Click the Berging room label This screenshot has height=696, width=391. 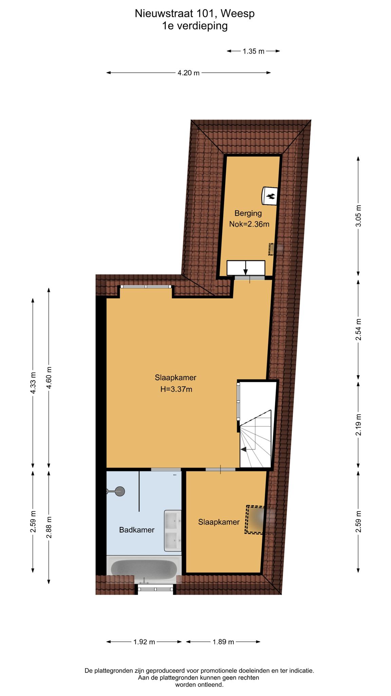(248, 213)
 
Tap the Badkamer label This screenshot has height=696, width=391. (137, 530)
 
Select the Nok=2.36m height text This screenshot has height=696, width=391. (249, 224)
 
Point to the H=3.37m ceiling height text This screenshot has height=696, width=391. (176, 389)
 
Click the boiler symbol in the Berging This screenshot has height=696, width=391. (270, 196)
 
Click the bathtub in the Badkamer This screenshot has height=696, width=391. (144, 570)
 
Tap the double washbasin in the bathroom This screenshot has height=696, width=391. (173, 530)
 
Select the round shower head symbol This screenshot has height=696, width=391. (119, 491)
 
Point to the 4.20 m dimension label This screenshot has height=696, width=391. (188, 73)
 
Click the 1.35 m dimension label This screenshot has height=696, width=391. (253, 51)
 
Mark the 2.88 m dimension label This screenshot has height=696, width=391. (49, 527)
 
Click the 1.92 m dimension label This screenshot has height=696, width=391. (144, 642)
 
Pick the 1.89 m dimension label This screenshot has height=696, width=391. (223, 642)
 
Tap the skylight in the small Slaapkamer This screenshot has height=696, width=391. (255, 520)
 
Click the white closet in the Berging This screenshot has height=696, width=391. (246, 268)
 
